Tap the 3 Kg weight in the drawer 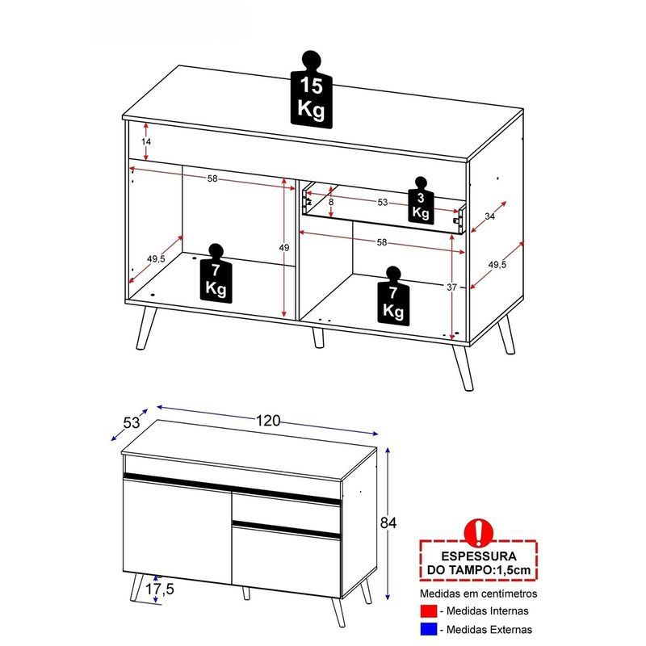(421, 201)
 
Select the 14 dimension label (146, 142)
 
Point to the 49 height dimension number (284, 248)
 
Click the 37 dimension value (452, 287)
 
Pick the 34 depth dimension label (490, 216)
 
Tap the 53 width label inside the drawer (383, 203)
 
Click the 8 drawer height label (331, 203)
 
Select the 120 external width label (268, 421)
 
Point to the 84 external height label (388, 522)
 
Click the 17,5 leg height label (159, 589)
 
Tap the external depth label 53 (132, 422)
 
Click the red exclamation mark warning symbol (478, 532)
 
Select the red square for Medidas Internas (429, 611)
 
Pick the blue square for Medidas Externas (429, 629)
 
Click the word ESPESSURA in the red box (479, 556)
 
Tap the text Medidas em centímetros (479, 594)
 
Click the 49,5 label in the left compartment (156, 258)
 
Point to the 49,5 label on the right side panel (497, 265)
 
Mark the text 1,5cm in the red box (513, 570)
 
